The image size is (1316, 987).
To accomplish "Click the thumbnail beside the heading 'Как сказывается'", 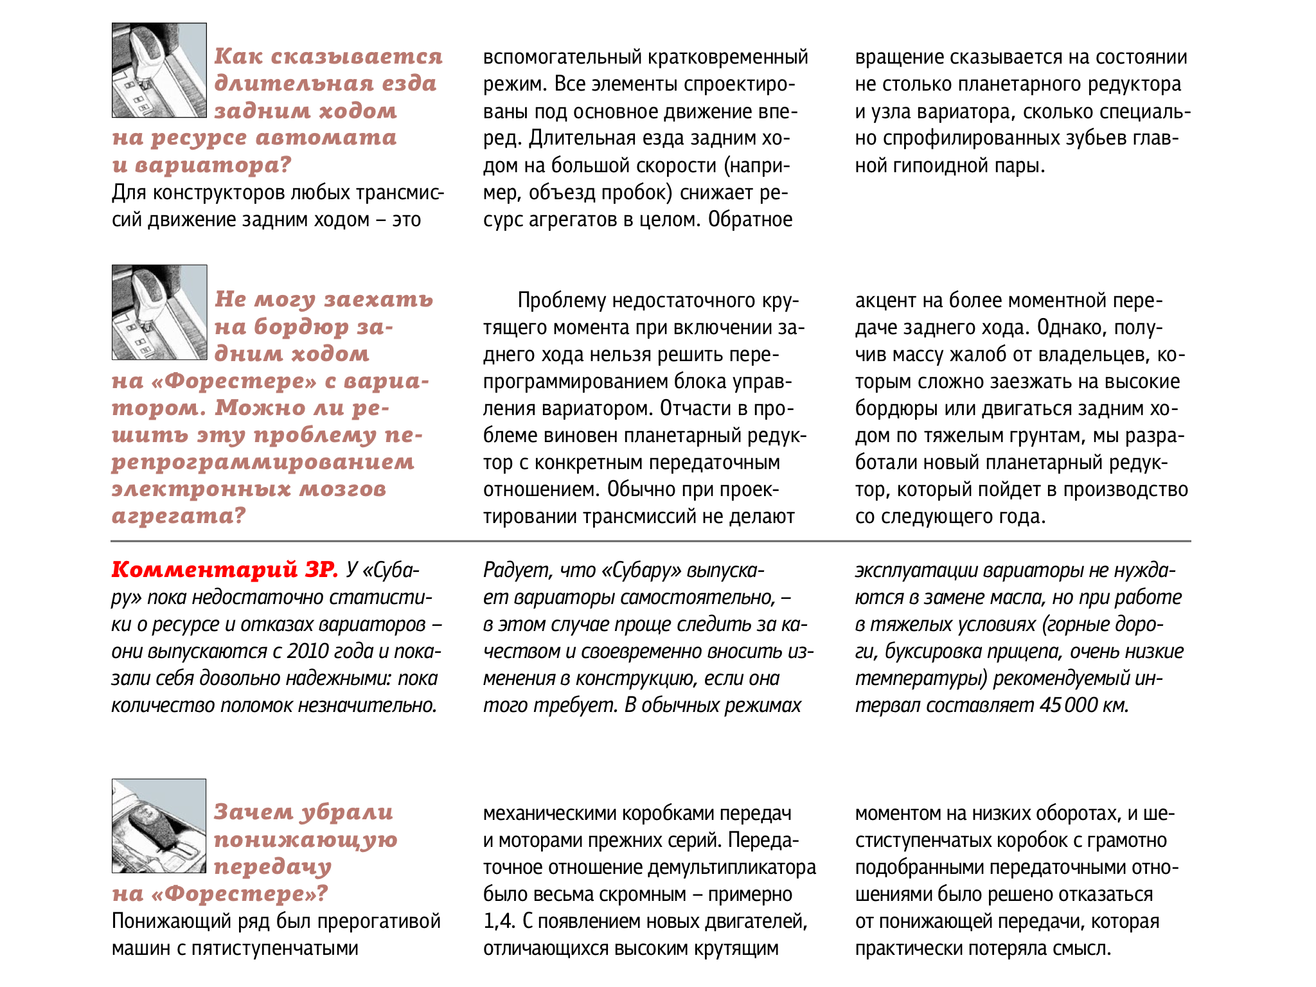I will coord(159,70).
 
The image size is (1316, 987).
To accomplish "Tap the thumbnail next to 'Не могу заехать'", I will coord(159,312).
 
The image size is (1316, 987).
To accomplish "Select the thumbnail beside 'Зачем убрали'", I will coord(159,826).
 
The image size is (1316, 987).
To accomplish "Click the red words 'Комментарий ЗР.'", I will coord(224,569).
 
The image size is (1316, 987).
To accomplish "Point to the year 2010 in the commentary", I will coord(308,651).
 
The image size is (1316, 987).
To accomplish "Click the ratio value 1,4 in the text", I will coord(499,921).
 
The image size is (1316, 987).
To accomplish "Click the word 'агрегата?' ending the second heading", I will coord(179,515).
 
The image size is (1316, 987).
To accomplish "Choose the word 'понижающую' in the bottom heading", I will coord(306,839).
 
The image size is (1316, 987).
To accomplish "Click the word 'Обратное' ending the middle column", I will coord(750,220).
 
